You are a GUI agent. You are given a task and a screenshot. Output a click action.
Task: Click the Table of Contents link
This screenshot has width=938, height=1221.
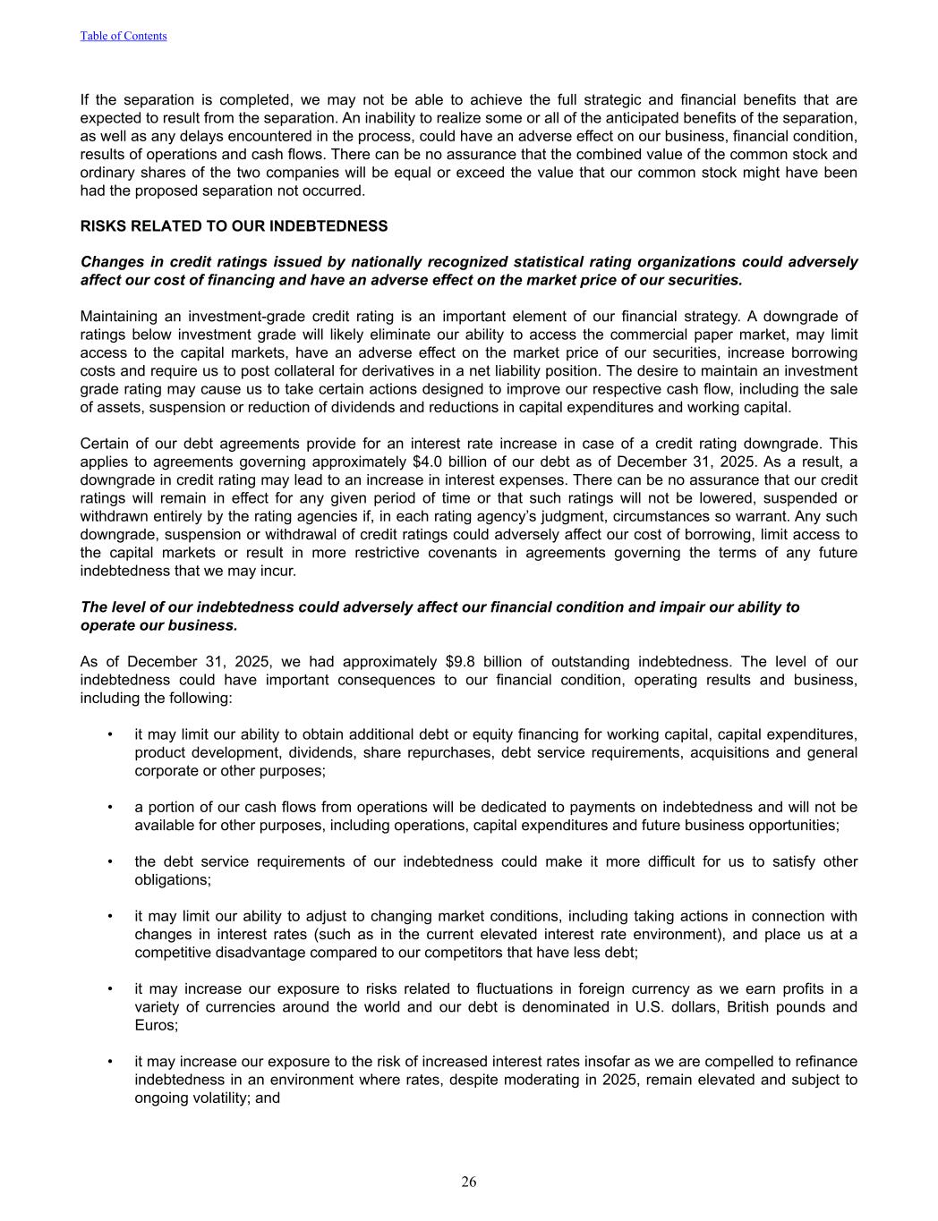point(124,36)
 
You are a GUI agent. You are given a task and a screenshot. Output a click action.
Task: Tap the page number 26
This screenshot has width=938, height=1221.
point(469,1182)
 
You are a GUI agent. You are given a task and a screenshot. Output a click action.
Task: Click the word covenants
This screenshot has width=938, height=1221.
point(428,553)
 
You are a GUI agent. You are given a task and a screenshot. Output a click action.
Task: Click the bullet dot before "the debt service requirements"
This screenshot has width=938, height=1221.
point(109,861)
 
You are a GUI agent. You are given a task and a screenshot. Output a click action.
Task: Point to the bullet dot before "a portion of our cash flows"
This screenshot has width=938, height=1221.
point(109,807)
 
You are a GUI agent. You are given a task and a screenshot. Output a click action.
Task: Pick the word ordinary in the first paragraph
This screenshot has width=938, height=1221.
point(107,173)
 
